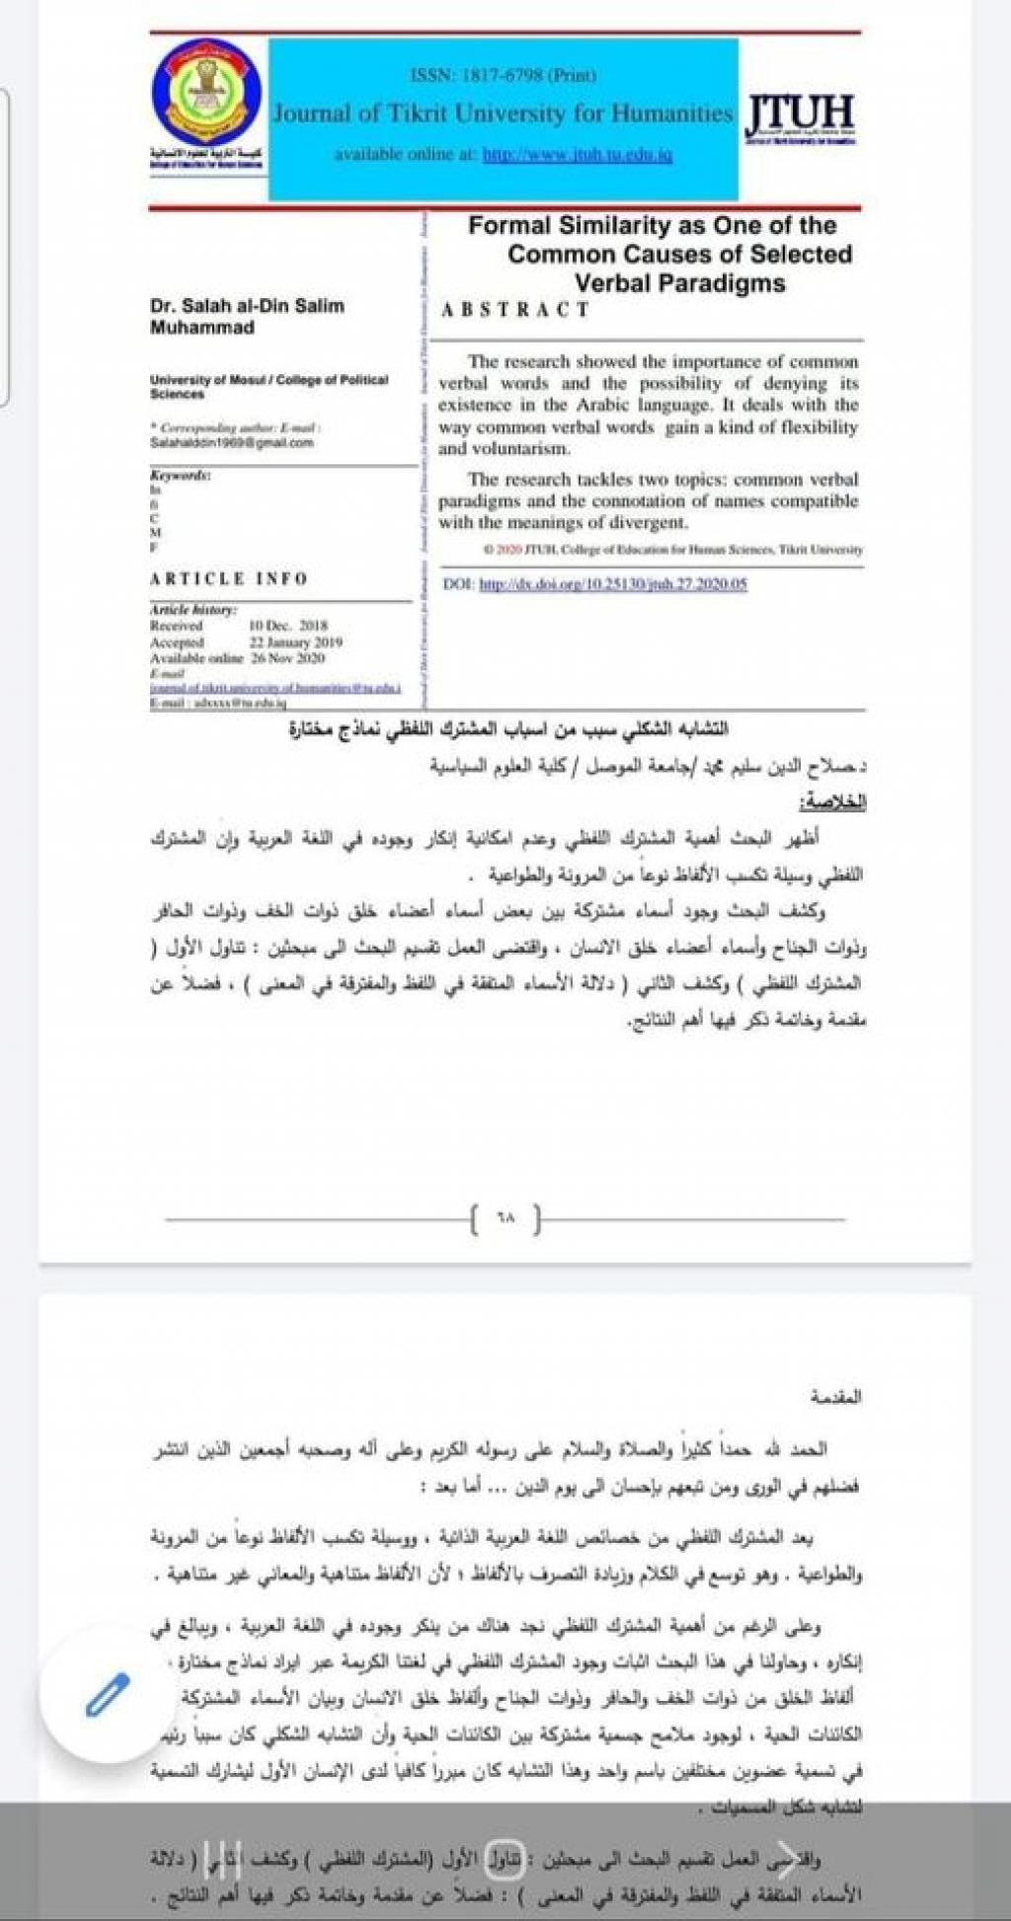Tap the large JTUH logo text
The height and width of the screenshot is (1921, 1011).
[x=800, y=115]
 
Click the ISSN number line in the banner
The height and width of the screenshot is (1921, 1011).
[x=503, y=75]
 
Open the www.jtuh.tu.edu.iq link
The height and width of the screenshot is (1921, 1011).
[x=577, y=155]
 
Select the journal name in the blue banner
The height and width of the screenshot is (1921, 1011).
[x=503, y=114]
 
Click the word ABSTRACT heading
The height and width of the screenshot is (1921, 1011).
[x=514, y=310]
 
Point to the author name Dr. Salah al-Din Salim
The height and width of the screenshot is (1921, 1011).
[x=247, y=306]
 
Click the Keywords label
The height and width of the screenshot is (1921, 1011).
[x=180, y=475]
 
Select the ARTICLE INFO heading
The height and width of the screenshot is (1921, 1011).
[x=229, y=578]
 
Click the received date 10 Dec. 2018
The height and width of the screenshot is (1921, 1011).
[x=287, y=626]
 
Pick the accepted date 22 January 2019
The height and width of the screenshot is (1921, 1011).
[x=295, y=642]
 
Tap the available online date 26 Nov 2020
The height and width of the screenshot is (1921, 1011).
[x=287, y=657]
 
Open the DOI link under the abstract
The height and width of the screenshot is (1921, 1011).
[x=612, y=584]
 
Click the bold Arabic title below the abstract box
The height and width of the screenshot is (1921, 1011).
[x=507, y=730]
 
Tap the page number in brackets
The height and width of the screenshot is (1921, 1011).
[x=506, y=1219]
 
